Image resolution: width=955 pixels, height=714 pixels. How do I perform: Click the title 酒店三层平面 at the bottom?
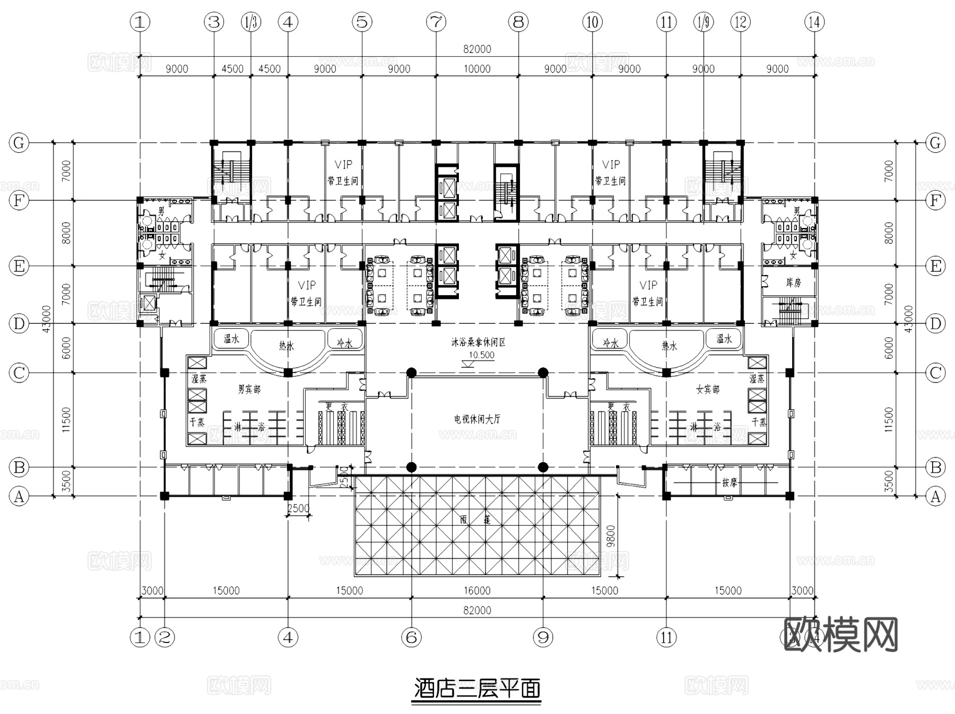click(477, 689)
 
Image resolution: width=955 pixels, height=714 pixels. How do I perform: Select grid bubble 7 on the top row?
click(436, 22)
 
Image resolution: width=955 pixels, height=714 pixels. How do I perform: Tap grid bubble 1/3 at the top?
click(251, 22)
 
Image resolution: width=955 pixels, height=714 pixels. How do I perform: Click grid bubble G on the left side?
click(19, 143)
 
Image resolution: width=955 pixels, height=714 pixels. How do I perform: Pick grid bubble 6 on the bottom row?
click(411, 637)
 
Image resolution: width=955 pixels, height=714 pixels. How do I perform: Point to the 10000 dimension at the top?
click(477, 69)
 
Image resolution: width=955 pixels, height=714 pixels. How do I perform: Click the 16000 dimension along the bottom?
click(477, 590)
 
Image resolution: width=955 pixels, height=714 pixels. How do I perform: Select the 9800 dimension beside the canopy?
click(611, 536)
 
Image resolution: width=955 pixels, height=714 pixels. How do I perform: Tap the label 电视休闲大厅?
click(477, 419)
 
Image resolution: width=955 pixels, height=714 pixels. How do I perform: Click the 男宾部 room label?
click(249, 390)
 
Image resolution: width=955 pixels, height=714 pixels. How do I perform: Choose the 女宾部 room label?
click(708, 390)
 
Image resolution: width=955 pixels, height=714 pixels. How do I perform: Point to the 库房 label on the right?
click(793, 283)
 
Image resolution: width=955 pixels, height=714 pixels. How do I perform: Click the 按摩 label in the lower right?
click(730, 483)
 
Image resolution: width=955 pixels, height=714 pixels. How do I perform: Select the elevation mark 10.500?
click(481, 355)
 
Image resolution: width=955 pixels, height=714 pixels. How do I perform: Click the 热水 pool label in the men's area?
click(286, 346)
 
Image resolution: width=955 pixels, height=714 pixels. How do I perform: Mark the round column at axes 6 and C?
click(411, 373)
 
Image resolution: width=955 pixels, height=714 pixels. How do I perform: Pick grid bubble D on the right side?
click(935, 323)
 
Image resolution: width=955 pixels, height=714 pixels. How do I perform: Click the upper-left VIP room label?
click(343, 165)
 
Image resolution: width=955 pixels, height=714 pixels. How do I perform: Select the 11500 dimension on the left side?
click(66, 420)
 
